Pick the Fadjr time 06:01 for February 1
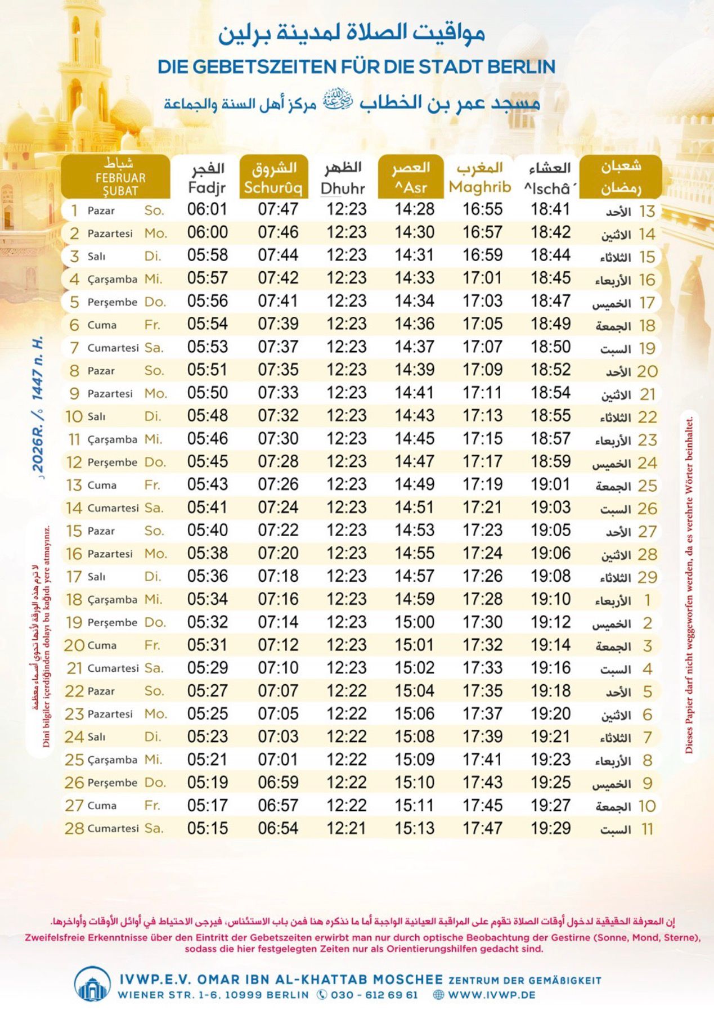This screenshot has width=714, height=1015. click(x=207, y=209)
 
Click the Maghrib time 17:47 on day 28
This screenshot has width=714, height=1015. click(x=482, y=828)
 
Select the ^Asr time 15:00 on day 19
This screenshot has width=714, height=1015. click(x=414, y=622)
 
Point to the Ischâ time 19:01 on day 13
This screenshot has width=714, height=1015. click(x=550, y=484)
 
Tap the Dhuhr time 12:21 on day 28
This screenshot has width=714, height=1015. click(x=346, y=828)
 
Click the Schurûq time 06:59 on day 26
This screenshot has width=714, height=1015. click(x=278, y=783)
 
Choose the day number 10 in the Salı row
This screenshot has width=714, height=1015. click(x=74, y=416)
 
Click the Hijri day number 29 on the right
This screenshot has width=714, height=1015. click(x=647, y=577)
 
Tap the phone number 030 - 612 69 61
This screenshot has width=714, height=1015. click(x=374, y=995)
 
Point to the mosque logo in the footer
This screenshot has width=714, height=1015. click(x=92, y=985)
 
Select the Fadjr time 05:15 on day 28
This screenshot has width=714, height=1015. click(x=207, y=828)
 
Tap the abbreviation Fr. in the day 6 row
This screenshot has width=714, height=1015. click(x=152, y=325)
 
